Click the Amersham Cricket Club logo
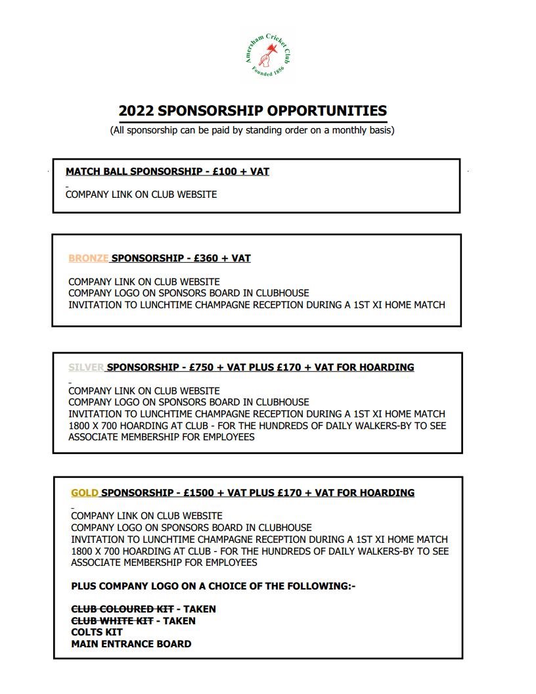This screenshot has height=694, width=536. [x=267, y=57]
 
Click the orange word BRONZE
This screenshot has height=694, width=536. [x=88, y=258]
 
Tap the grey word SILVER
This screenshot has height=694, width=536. [x=86, y=367]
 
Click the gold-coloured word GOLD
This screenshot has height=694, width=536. [x=85, y=493]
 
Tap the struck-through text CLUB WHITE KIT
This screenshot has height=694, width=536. [x=112, y=620]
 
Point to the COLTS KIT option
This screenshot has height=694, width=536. [x=97, y=632]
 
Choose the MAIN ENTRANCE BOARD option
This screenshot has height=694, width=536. [x=131, y=644]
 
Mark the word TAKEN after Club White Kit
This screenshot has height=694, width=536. [x=179, y=620]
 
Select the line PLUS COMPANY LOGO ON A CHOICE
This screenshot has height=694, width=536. [x=213, y=586]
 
